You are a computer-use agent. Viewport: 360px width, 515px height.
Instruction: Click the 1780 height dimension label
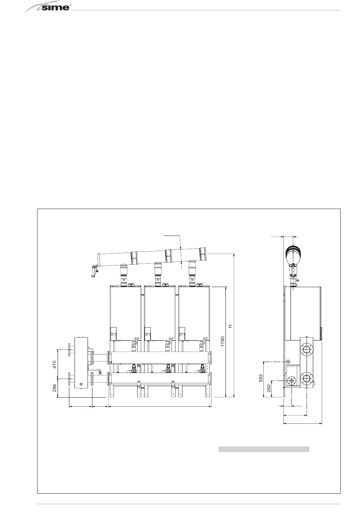(222, 342)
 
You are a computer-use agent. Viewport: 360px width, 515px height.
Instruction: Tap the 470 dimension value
(55, 364)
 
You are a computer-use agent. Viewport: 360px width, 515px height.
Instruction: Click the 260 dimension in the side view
(269, 389)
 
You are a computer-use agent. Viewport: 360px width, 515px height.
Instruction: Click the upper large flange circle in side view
(307, 350)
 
